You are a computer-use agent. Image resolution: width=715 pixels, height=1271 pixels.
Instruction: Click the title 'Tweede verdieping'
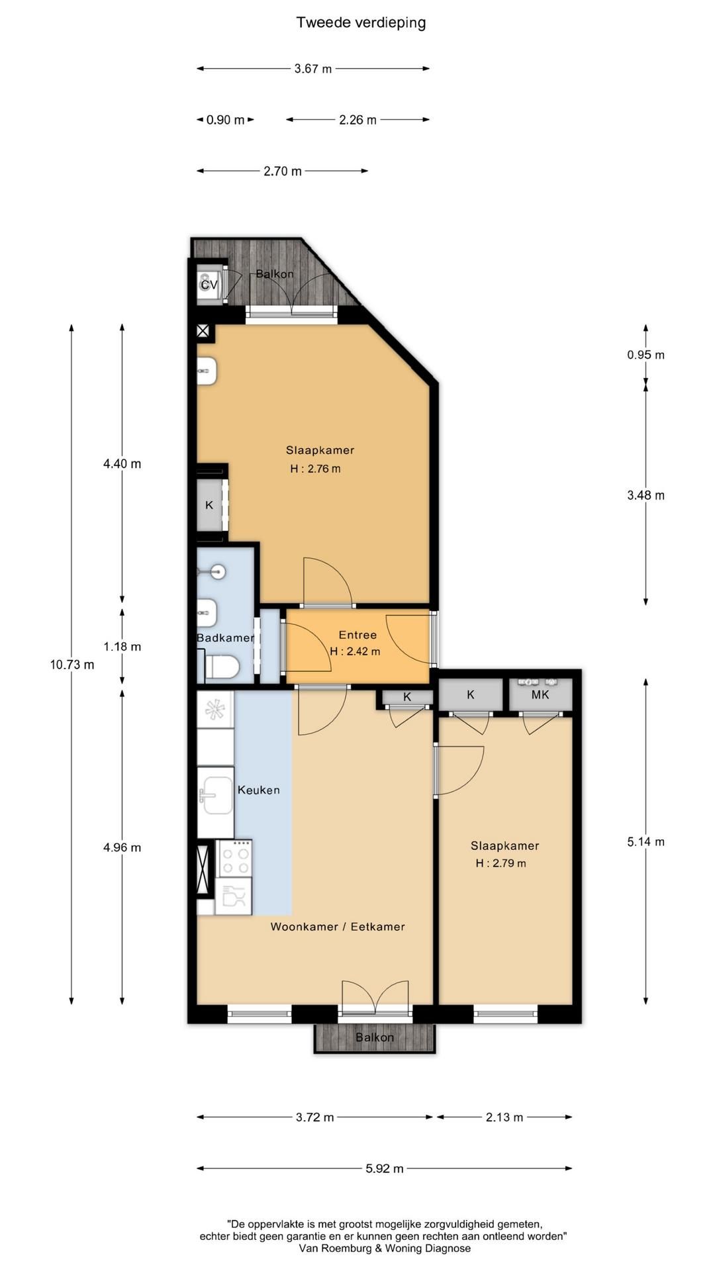[x=361, y=23]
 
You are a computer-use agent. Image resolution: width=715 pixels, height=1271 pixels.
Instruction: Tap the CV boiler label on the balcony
[x=209, y=285]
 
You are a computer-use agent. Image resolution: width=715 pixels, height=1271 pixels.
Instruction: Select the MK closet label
[x=540, y=695]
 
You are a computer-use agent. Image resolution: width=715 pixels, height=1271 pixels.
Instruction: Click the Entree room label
[x=358, y=635]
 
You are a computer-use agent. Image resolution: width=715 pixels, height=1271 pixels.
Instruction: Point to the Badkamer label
[x=226, y=638]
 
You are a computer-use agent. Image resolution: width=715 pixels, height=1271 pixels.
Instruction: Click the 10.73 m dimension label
[x=72, y=665]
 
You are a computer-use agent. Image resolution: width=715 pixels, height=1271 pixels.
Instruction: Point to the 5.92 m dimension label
[x=385, y=1169]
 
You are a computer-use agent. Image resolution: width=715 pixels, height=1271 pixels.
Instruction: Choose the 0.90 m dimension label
[x=226, y=120]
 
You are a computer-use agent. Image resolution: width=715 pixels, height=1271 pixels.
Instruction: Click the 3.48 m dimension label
[x=646, y=495]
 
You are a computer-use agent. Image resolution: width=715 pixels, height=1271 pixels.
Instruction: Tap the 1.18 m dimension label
[x=122, y=647]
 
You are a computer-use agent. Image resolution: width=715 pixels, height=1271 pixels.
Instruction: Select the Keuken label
[x=259, y=790]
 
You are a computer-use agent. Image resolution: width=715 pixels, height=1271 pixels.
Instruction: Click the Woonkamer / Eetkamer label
[x=338, y=927]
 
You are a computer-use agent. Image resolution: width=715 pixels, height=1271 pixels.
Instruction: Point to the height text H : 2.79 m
[x=501, y=863]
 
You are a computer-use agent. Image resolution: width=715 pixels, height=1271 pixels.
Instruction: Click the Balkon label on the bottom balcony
[x=375, y=1037]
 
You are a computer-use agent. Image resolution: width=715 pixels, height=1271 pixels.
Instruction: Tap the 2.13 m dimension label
[x=504, y=1117]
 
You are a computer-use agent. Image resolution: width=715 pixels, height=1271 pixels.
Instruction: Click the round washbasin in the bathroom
[x=218, y=572]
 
